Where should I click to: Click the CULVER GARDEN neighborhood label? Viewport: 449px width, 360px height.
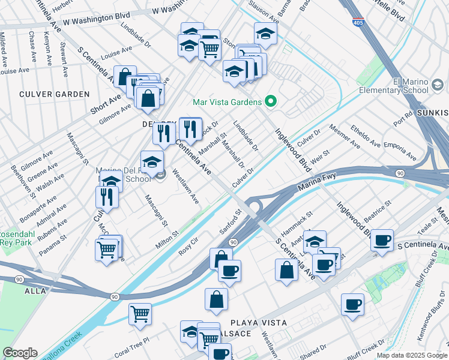pos(54,94)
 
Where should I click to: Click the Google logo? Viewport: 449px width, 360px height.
pos(20,353)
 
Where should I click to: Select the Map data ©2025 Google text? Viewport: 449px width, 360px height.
pos(411,355)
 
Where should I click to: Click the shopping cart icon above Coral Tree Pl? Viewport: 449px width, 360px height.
pos(140,313)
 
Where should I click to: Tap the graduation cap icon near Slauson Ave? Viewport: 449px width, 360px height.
pos(265,34)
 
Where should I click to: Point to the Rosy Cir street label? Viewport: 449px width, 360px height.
pos(188,247)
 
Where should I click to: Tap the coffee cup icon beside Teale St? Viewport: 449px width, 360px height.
pos(382,239)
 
